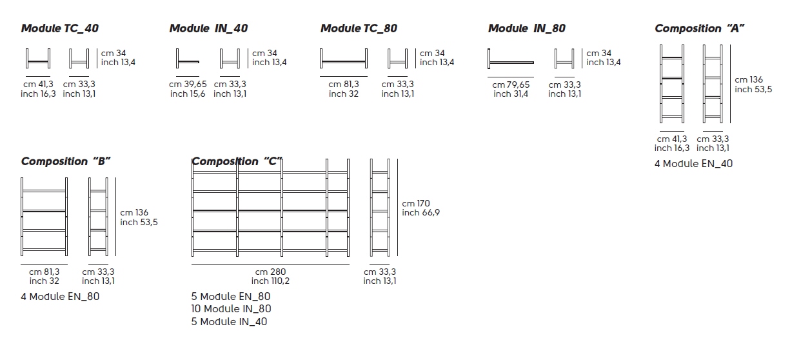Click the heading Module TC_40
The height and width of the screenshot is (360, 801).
(x=60, y=28)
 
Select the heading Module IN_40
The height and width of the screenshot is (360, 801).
(x=208, y=28)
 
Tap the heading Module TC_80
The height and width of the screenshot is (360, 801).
(x=359, y=28)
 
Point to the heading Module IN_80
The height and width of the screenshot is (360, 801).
(x=527, y=28)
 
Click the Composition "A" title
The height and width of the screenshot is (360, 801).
(x=697, y=28)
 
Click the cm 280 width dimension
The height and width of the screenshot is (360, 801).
(x=270, y=272)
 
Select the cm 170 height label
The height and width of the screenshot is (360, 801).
(x=416, y=204)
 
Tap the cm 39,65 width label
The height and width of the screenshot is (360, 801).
(x=188, y=84)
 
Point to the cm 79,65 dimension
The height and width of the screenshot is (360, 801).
(x=511, y=85)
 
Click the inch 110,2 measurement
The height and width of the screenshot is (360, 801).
(x=270, y=281)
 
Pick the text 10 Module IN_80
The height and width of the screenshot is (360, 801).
(x=232, y=309)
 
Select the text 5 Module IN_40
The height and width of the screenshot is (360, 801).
(x=229, y=322)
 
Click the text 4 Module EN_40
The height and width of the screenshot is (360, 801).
(x=693, y=164)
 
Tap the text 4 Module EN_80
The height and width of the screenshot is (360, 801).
(x=60, y=297)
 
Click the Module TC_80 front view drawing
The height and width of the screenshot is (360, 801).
(x=344, y=60)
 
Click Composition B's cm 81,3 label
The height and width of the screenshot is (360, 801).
(x=44, y=272)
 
